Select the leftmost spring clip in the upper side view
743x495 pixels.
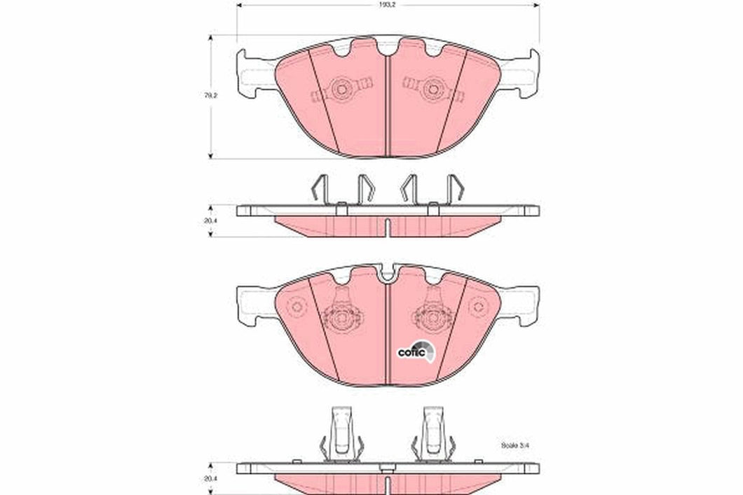point(317,188)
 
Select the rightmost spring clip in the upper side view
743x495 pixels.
point(456,188)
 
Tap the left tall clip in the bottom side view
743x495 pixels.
point(341,434)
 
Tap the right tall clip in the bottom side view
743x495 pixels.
point(433,434)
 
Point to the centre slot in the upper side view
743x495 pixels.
point(387,228)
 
